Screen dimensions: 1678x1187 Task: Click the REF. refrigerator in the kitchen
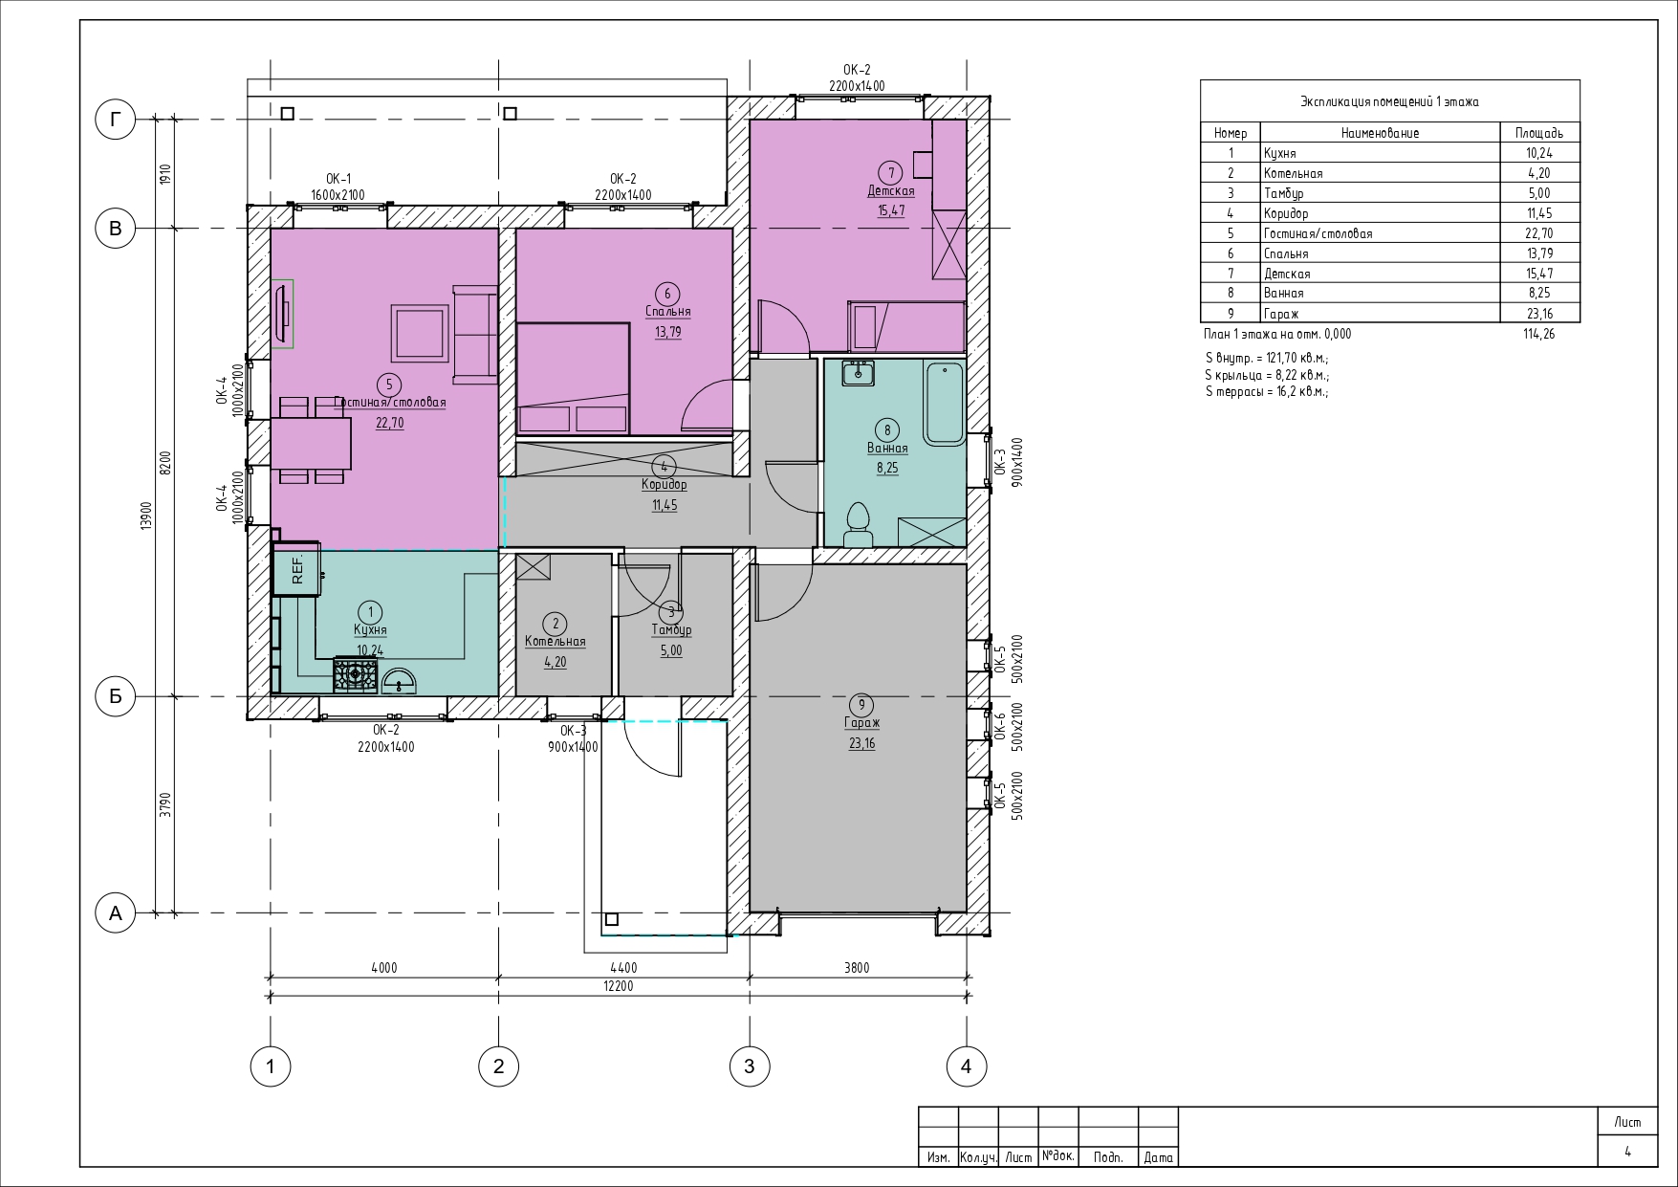(296, 570)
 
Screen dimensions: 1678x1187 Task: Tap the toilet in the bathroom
(858, 525)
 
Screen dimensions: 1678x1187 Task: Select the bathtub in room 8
(945, 403)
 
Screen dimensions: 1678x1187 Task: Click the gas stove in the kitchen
(356, 674)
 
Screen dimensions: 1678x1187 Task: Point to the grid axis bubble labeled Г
(116, 120)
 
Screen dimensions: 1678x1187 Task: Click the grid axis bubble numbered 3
(750, 1066)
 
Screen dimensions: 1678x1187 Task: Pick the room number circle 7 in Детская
(890, 172)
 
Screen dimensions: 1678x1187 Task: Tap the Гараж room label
(861, 724)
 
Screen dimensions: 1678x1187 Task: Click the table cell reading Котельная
(1293, 173)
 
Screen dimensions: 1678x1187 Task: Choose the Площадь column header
(1539, 133)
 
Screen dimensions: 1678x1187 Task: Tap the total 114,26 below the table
(1539, 334)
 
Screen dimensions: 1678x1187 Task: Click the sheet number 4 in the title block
(1627, 1152)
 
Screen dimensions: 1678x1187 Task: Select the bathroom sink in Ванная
(858, 373)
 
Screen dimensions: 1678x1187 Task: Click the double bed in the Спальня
(573, 378)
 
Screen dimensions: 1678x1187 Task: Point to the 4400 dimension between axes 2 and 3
(622, 968)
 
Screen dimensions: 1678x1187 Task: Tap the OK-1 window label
(338, 179)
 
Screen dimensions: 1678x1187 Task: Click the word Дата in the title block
(1158, 1157)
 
